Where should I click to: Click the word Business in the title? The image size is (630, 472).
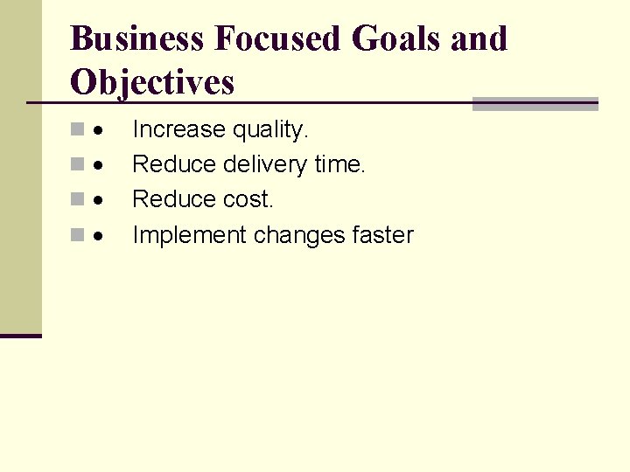click(136, 38)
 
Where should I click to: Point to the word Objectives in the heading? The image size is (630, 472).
click(152, 82)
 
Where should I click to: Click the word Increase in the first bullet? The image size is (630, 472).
click(178, 130)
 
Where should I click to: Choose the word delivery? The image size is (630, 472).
click(265, 164)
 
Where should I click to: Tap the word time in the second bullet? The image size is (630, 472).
click(339, 164)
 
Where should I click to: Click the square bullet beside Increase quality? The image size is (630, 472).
click(78, 130)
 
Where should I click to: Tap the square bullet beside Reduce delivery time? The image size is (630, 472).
click(78, 165)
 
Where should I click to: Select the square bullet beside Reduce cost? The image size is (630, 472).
click(78, 200)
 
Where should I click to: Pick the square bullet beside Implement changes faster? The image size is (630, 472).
click(78, 235)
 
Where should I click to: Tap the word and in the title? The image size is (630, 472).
click(481, 38)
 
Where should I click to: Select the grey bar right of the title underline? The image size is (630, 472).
click(535, 104)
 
